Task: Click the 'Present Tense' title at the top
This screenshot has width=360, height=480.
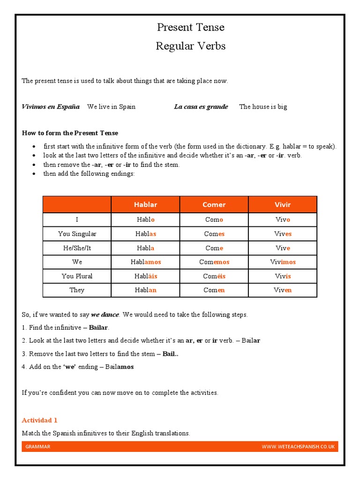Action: (191, 28)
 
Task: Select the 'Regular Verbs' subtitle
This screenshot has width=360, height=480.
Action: (191, 46)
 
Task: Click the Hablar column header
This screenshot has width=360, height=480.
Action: (145, 205)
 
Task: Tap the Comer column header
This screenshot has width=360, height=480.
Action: (214, 205)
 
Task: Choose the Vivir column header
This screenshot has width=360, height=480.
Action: (282, 205)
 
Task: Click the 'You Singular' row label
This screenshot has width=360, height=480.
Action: (77, 233)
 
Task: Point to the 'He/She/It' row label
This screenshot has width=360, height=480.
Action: (77, 248)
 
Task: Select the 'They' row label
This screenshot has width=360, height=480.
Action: (77, 290)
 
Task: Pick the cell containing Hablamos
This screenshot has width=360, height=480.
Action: (145, 262)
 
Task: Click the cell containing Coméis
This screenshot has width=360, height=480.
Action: (214, 276)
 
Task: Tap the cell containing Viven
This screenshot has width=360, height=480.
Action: (282, 290)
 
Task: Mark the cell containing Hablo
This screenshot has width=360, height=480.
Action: (145, 219)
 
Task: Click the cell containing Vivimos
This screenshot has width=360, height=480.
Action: (282, 262)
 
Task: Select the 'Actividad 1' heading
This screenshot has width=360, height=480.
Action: (40, 420)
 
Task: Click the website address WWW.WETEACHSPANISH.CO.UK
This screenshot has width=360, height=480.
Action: (298, 447)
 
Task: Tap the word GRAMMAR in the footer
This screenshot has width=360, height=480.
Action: (38, 447)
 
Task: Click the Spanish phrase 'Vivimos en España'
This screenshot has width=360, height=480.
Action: (51, 106)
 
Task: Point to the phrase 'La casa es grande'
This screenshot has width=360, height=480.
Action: (201, 106)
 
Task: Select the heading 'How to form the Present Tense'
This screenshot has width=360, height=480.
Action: (70, 133)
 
